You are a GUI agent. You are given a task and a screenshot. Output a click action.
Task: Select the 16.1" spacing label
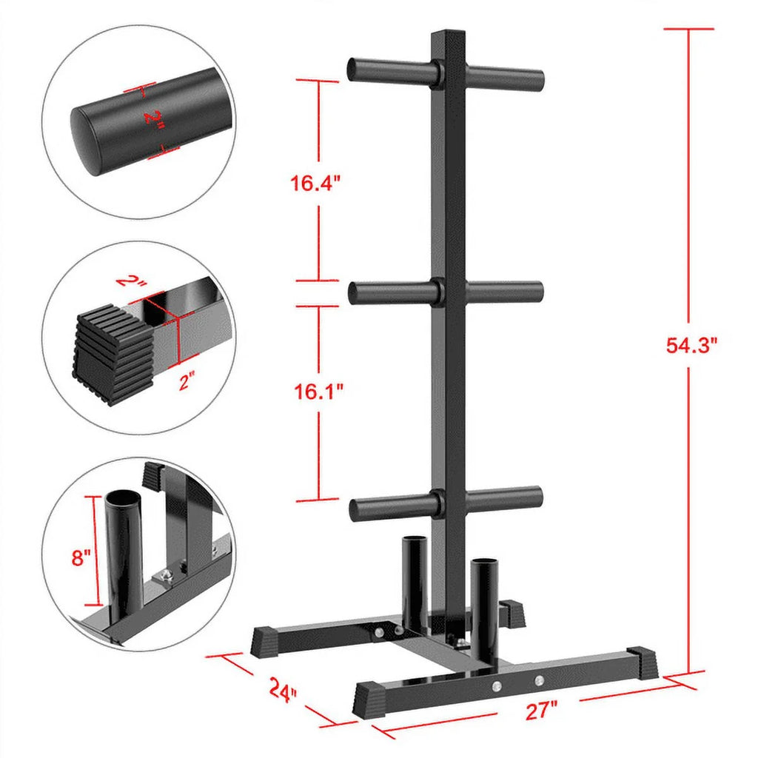click(316, 391)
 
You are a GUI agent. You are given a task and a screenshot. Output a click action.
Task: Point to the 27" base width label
click(543, 711)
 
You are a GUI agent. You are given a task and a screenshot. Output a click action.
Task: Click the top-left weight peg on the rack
click(389, 71)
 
